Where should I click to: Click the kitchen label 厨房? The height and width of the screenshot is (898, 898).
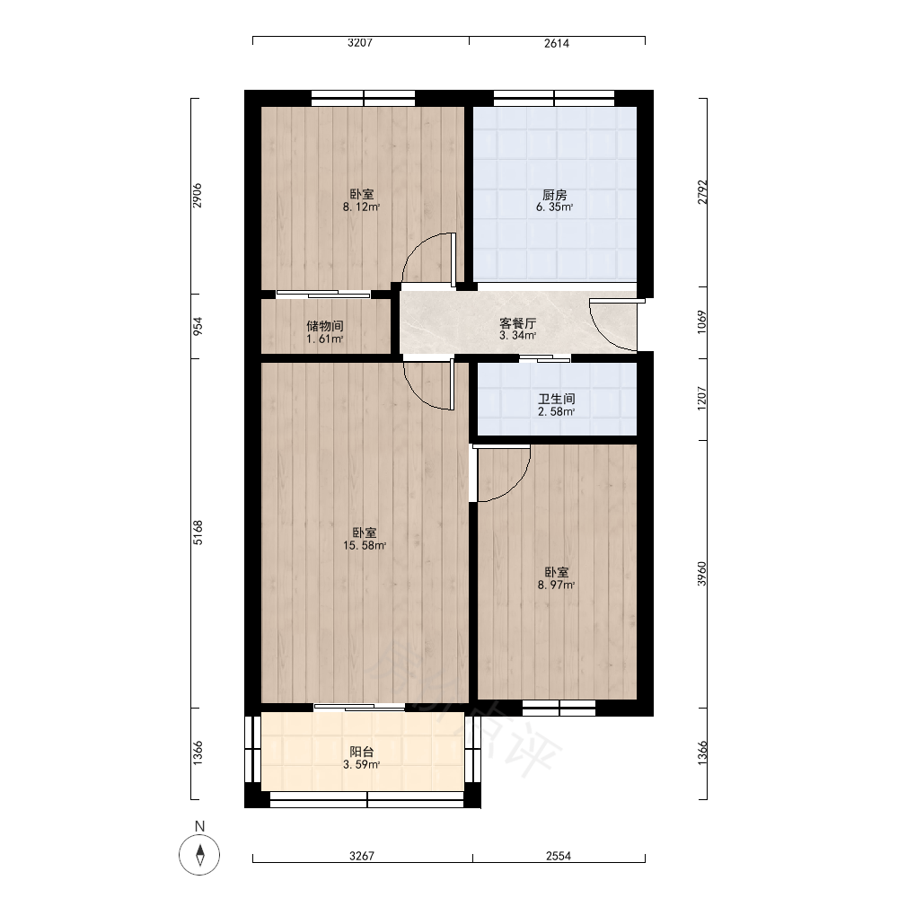[554, 195]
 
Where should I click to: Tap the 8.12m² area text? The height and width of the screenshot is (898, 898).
[361, 207]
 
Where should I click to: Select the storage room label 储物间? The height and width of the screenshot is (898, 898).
[325, 326]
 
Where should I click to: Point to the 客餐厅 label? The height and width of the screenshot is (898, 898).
[518, 323]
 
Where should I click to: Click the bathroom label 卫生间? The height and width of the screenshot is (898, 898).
[556, 399]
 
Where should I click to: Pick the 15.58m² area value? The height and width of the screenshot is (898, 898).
[365, 546]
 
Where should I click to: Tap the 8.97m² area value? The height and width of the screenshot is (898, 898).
[556, 585]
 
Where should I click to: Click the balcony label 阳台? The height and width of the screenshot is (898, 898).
[361, 752]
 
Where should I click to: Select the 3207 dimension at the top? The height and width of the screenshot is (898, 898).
[360, 42]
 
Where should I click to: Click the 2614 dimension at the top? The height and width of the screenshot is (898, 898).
[557, 43]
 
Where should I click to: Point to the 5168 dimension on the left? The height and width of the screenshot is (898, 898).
[198, 533]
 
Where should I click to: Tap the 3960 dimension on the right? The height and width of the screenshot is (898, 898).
[702, 574]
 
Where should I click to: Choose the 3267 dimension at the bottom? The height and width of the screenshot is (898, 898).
[362, 856]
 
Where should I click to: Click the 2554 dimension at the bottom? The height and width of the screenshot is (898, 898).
[559, 856]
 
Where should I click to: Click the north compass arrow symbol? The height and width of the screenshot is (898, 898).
[200, 855]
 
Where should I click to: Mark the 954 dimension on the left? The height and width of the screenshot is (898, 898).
[198, 327]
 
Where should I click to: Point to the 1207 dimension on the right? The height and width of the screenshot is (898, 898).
[702, 398]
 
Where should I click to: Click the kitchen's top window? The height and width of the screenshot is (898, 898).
[554, 98]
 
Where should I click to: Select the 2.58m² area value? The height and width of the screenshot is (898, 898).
[556, 412]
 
